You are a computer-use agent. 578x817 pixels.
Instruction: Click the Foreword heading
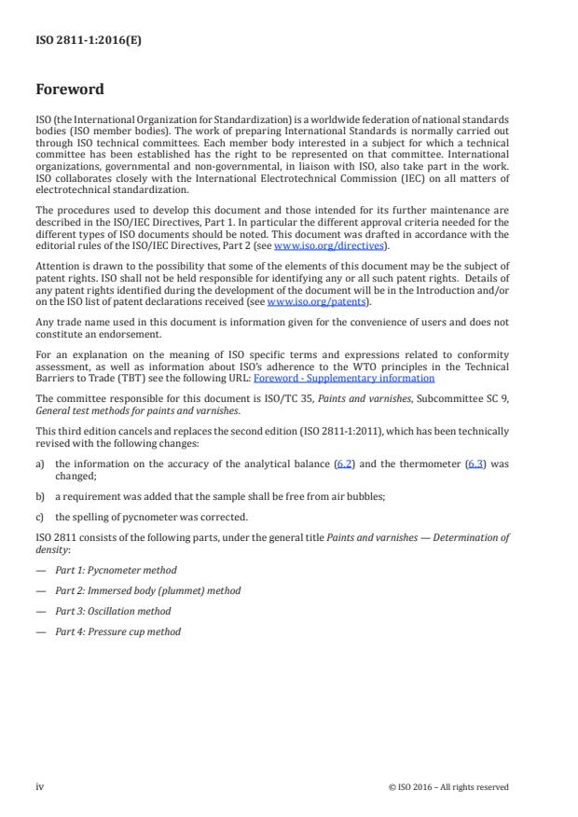pyautogui.click(x=70, y=90)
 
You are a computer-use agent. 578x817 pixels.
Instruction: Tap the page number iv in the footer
pyautogui.click(x=40, y=786)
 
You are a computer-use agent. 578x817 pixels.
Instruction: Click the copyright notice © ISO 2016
pyautogui.click(x=448, y=786)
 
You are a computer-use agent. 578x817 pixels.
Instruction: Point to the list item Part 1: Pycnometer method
pyautogui.click(x=115, y=570)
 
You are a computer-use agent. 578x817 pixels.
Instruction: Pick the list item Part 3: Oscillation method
pyautogui.click(x=112, y=611)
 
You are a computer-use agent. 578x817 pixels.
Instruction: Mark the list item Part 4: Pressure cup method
pyautogui.click(x=117, y=631)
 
